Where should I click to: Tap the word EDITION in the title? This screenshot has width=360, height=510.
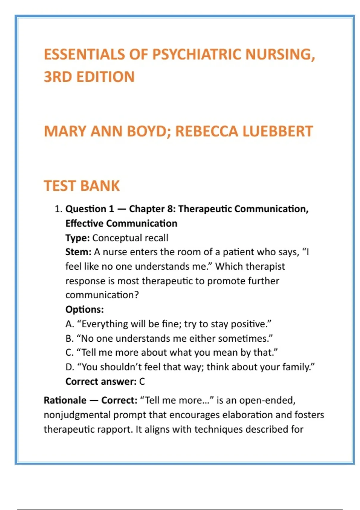[105, 77]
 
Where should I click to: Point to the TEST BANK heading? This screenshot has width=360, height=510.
[82, 186]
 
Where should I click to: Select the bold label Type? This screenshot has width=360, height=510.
[77, 238]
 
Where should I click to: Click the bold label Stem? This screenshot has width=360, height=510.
[78, 252]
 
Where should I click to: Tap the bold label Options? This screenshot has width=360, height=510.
[85, 309]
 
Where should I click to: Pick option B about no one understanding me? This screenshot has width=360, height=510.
[169, 338]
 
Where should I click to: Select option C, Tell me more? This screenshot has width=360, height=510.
[172, 352]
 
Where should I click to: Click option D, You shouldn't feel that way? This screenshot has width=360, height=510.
[190, 367]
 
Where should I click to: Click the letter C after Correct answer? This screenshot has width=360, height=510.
[142, 382]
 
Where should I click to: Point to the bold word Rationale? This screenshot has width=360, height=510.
[65, 400]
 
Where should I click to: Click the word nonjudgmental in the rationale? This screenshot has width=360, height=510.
[77, 415]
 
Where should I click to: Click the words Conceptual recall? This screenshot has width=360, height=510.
[130, 238]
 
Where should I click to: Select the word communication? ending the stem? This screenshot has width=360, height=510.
[102, 295]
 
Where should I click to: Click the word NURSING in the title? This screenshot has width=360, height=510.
[280, 55]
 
